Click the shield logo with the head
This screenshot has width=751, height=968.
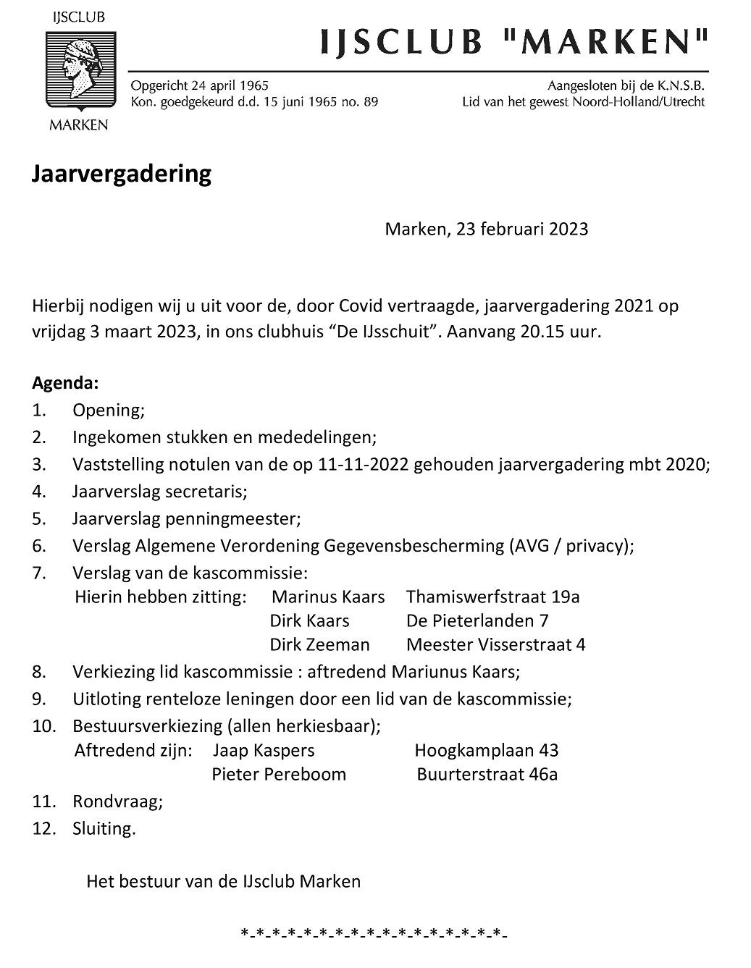click(77, 70)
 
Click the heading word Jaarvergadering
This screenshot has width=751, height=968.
click(122, 174)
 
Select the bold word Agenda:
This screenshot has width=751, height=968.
click(65, 382)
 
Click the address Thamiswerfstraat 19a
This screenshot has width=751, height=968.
click(493, 597)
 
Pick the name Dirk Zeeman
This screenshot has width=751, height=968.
click(319, 644)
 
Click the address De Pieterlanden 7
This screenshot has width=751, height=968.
click(477, 620)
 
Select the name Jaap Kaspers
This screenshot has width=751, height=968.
click(264, 751)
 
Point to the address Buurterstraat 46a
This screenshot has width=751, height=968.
click(487, 775)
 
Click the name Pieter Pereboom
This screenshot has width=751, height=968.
click(279, 775)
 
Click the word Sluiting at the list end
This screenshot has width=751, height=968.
click(103, 828)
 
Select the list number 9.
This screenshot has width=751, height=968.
click(39, 699)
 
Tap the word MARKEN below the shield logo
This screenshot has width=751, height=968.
click(77, 125)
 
